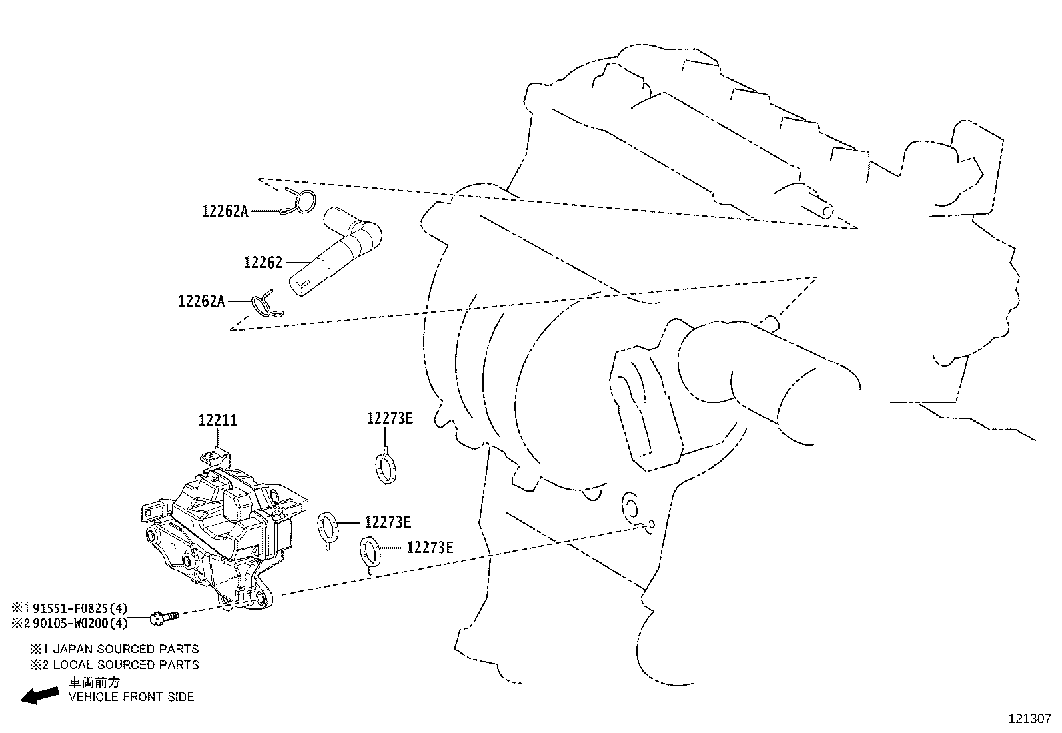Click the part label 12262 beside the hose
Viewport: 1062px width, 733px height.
tap(263, 263)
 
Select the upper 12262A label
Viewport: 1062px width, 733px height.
tap(225, 211)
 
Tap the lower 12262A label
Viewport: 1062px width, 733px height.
tap(201, 301)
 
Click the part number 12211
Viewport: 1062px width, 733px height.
tap(217, 421)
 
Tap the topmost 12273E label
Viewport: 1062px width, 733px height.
tap(389, 418)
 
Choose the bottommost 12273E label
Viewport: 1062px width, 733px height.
tap(430, 548)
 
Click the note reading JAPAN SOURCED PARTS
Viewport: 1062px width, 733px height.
tap(125, 648)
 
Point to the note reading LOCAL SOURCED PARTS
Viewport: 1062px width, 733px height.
tap(125, 664)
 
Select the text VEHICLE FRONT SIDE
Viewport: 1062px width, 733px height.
tap(132, 697)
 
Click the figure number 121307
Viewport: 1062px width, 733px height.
tap(1029, 719)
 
